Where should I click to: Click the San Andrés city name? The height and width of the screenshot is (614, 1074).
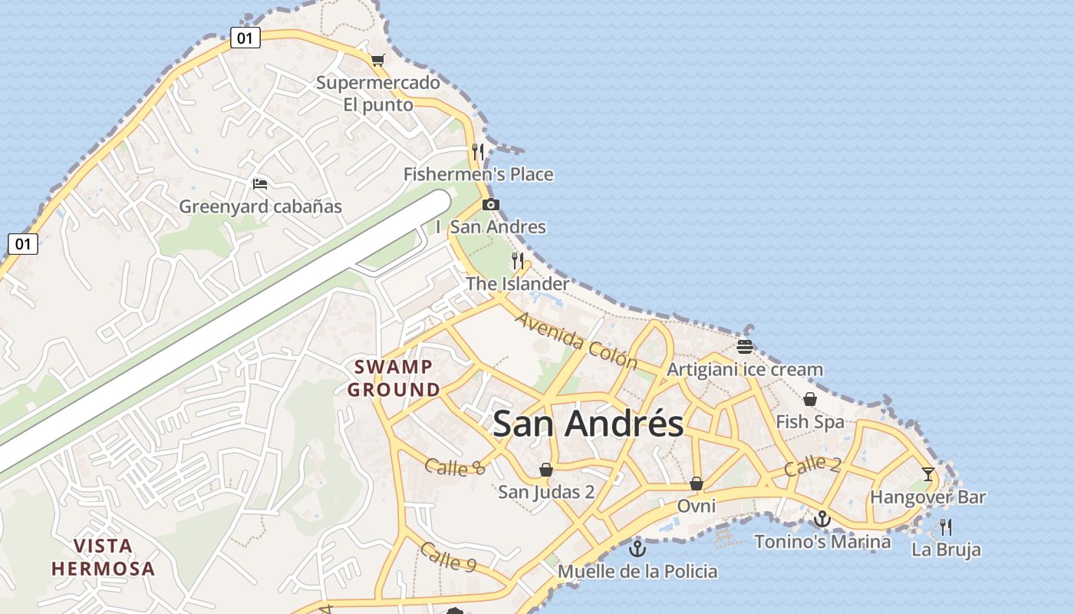588,424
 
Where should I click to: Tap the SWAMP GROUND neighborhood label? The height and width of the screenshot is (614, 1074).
394,378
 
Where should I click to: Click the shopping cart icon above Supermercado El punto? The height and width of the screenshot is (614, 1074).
377,60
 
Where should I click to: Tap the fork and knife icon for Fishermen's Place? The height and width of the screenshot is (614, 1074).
478,152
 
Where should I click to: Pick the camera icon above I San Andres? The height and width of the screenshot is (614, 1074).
491,204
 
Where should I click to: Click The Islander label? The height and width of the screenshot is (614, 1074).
518,284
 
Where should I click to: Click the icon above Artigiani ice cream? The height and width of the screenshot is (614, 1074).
744,346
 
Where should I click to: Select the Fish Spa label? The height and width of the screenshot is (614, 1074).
810,422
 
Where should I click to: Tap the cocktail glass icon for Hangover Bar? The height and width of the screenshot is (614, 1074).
928,474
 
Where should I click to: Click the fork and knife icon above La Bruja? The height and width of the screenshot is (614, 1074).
946,527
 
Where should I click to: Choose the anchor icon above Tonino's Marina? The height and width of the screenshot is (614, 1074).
822,519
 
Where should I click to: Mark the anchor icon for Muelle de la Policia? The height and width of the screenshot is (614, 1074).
637,549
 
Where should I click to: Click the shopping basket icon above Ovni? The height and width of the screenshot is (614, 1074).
697,483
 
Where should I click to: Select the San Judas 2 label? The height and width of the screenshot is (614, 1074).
546,492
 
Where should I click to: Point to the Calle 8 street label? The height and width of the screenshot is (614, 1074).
455,466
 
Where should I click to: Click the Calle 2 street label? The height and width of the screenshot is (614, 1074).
812,466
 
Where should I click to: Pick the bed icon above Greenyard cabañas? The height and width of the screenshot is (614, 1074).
260,184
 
